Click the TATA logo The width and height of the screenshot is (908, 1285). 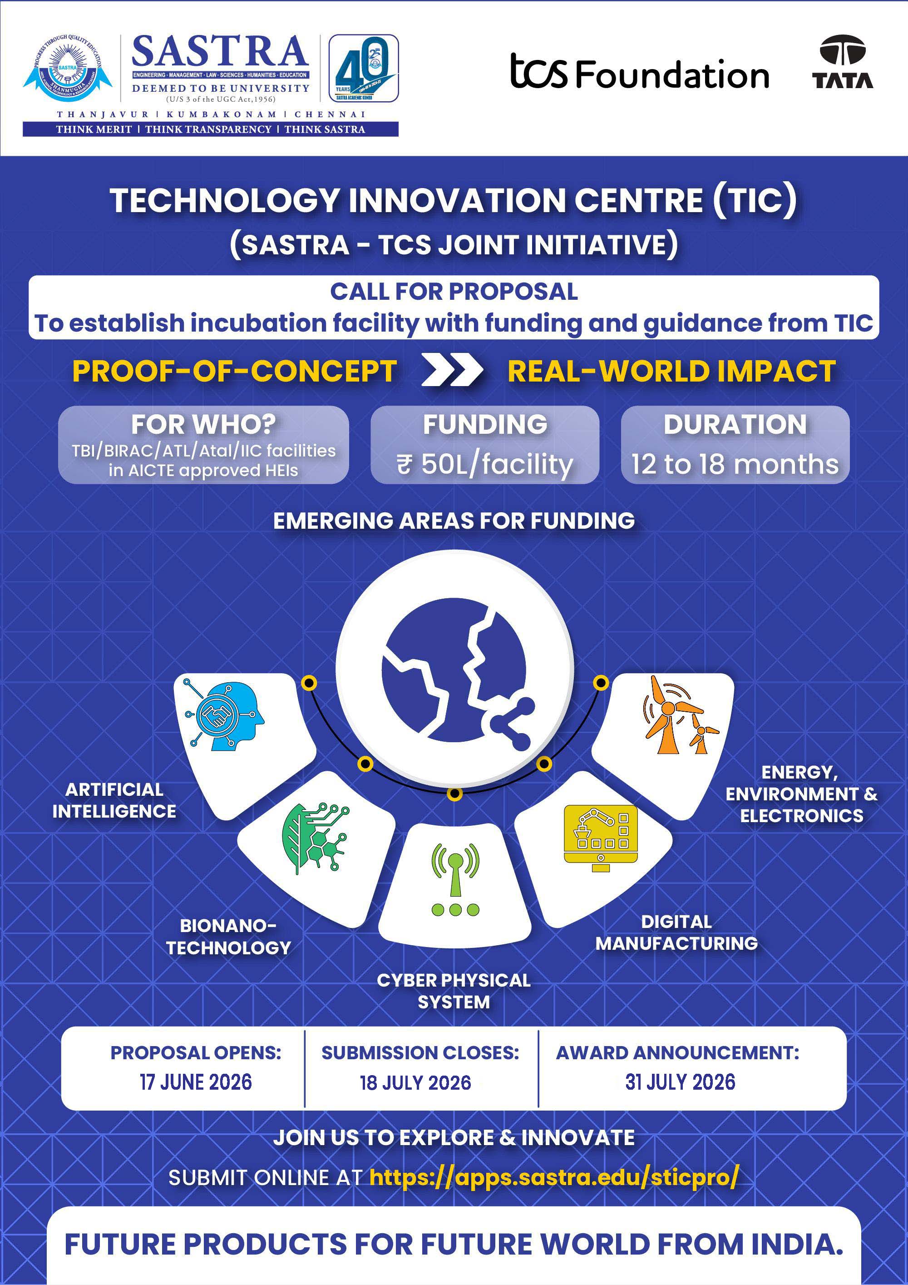(843, 62)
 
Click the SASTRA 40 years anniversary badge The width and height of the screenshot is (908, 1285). (363, 68)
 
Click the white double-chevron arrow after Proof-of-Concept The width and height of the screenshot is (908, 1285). (452, 371)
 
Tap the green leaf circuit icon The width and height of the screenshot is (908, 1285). (316, 838)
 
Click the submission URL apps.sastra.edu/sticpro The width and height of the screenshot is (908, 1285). (554, 1177)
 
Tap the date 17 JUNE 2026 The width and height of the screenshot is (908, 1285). (196, 1082)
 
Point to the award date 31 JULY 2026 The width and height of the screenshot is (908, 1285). (680, 1082)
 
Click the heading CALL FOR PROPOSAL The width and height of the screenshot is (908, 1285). (454, 292)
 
